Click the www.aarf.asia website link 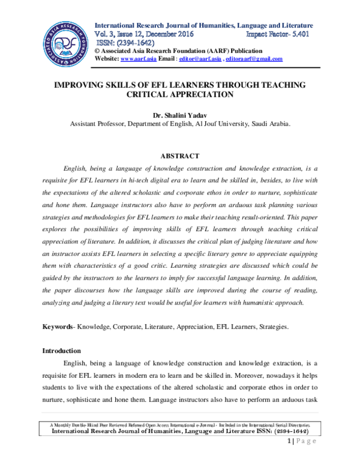(x=136, y=59)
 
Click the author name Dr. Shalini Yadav (x=180, y=115)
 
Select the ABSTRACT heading (x=180, y=156)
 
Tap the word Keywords (x=57, y=327)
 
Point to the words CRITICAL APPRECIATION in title (x=180, y=94)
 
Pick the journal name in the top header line (x=204, y=26)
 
